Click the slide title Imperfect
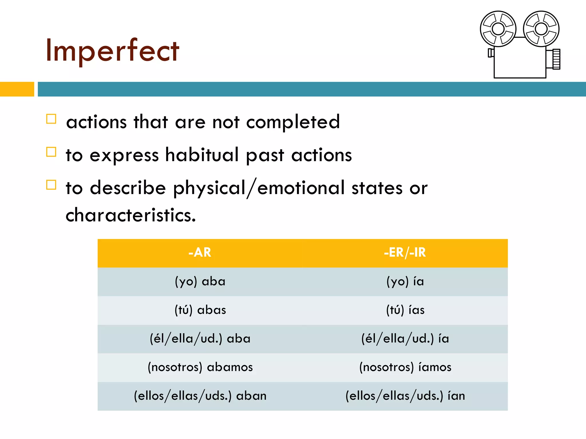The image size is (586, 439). (112, 51)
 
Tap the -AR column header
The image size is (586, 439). (200, 253)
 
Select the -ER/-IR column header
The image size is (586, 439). (405, 253)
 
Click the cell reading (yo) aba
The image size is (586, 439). (200, 282)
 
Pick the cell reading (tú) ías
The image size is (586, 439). (405, 310)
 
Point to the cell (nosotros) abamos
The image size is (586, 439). (200, 367)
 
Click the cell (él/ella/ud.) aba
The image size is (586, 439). (200, 339)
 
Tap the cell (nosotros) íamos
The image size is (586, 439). (405, 367)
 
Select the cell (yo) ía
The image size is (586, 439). (405, 282)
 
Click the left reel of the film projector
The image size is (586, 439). (498, 29)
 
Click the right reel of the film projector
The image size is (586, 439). (541, 29)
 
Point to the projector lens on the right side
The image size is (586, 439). (553, 59)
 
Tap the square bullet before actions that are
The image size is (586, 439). (51, 119)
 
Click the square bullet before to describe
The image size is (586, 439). (51, 185)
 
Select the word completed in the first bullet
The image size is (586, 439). (293, 122)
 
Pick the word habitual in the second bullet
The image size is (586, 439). (202, 155)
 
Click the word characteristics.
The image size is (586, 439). (131, 215)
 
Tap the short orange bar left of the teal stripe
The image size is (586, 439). (17, 89)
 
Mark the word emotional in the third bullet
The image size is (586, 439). (301, 188)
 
